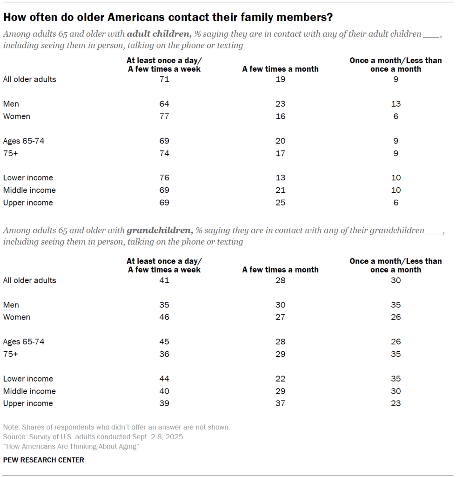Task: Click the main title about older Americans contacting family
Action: pos(168,18)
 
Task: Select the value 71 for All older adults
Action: pos(164,79)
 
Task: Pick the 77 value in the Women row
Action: pos(164,116)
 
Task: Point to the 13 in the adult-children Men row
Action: pos(396,104)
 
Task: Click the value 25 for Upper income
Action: pos(280,203)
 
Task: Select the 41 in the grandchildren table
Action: pos(164,280)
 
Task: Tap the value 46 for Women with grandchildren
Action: pos(164,317)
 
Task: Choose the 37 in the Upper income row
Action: pos(280,403)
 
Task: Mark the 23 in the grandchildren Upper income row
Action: pos(396,403)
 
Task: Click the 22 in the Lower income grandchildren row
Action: pos(280,379)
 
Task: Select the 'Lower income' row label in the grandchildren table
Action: pos(28,379)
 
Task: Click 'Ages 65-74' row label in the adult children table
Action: pos(24,141)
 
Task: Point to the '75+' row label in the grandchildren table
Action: pos(10,354)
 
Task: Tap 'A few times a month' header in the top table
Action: pos(280,69)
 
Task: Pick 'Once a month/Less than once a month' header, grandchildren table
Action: pos(396,265)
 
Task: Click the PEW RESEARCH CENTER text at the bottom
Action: pos(43,460)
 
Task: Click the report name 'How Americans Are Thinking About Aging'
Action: pos(71,447)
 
